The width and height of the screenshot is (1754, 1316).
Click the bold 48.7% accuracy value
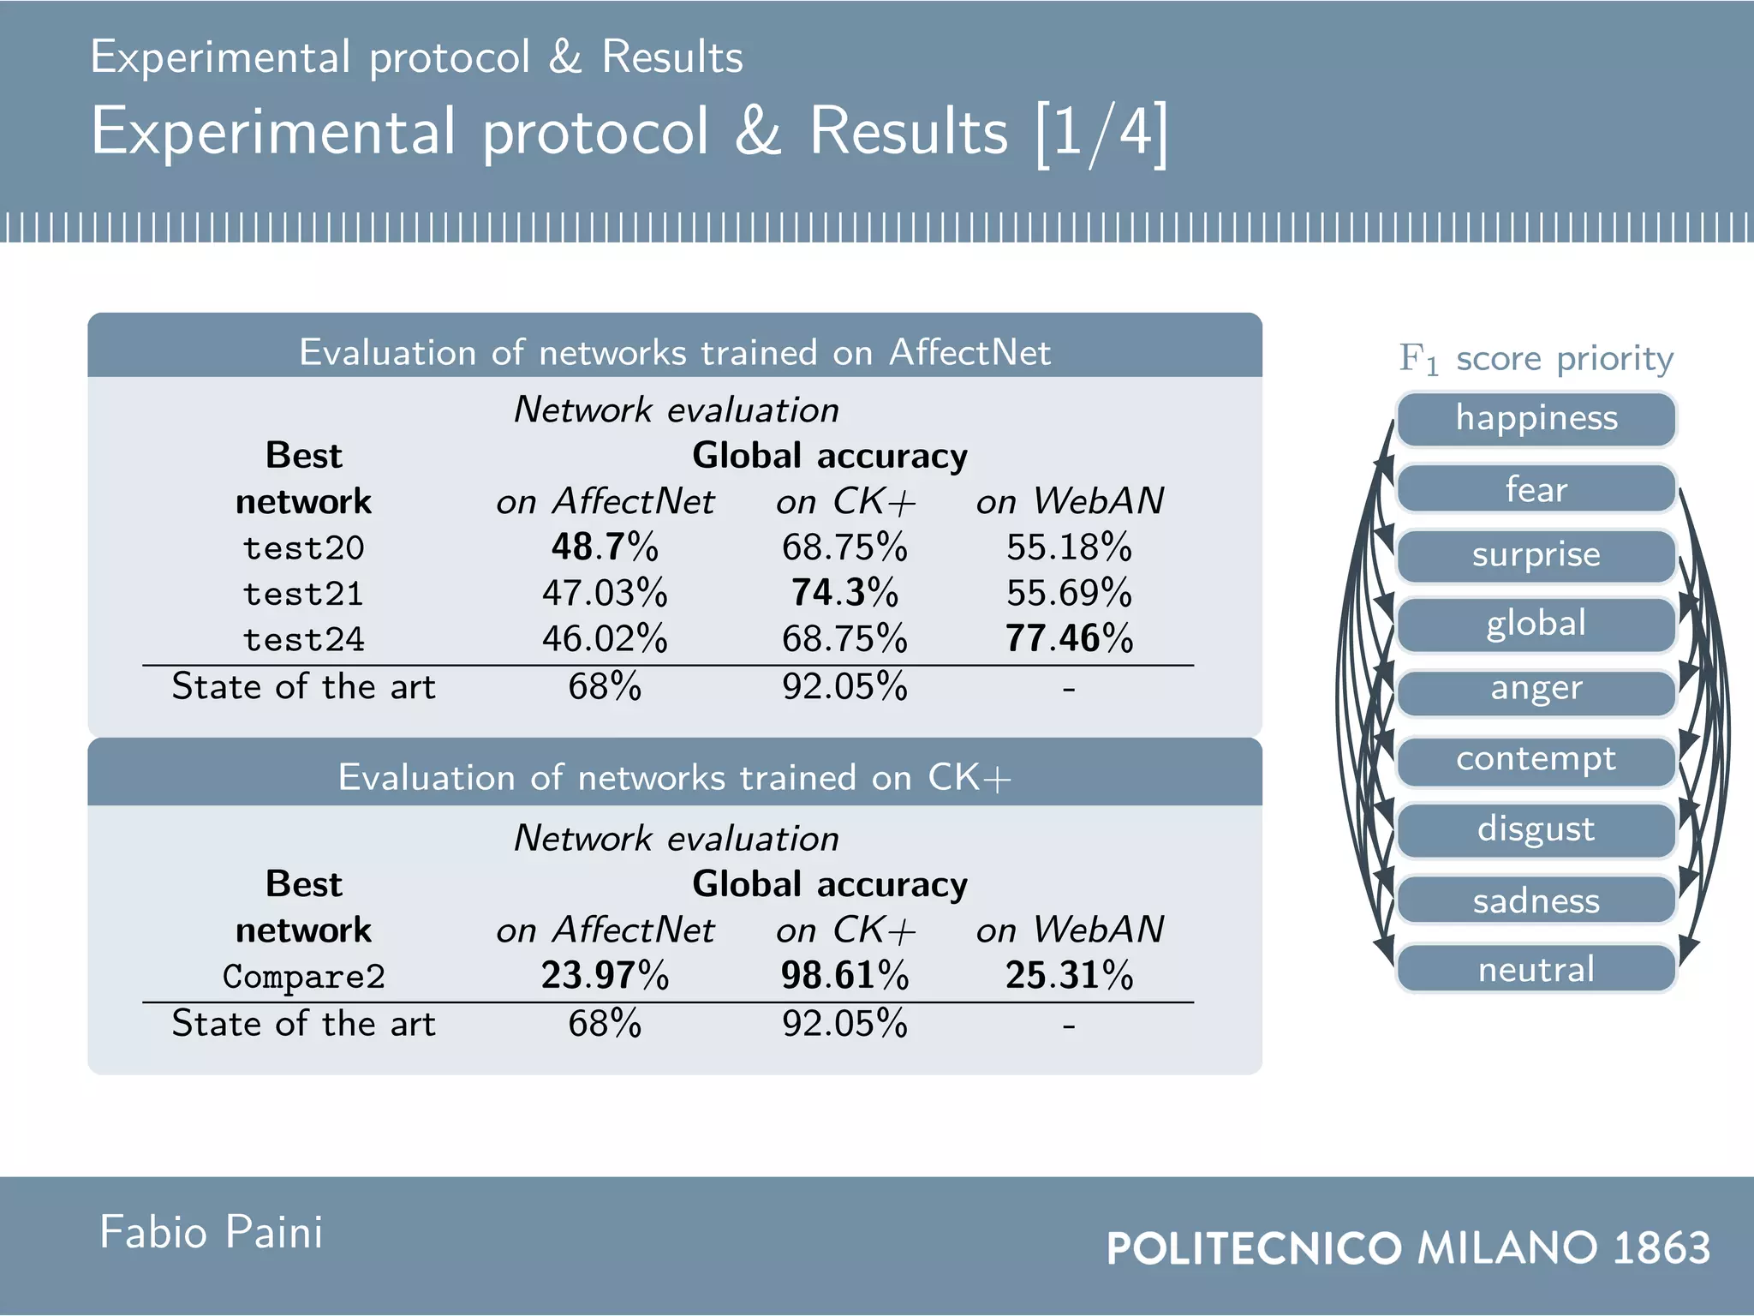click(x=605, y=547)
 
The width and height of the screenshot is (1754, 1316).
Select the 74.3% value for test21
click(x=844, y=592)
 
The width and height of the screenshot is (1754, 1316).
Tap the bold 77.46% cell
click(x=1069, y=638)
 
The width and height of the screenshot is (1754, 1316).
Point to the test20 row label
click(x=303, y=547)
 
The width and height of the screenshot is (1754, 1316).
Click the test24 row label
click(x=303, y=639)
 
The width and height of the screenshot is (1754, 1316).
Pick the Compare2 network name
click(x=303, y=976)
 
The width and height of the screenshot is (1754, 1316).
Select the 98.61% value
click(x=844, y=975)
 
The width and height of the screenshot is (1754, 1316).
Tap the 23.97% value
click(x=605, y=975)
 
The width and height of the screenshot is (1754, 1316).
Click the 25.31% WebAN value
click(x=1069, y=975)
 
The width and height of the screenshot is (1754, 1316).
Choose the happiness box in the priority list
click(x=1536, y=419)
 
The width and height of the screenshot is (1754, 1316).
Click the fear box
click(x=1536, y=489)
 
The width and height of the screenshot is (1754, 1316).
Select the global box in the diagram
click(x=1536, y=624)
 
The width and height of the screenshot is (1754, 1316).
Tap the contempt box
click(x=1536, y=760)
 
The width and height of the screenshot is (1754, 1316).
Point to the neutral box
click(x=1536, y=969)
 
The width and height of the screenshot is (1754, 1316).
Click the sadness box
click(x=1536, y=900)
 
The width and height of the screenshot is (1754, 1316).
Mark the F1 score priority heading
click(x=1536, y=358)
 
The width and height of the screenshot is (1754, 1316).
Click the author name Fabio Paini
click(x=212, y=1232)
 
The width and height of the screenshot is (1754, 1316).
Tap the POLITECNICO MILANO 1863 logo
click(x=1408, y=1247)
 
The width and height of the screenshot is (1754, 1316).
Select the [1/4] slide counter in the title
click(x=1101, y=134)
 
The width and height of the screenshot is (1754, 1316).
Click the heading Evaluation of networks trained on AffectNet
click(x=674, y=352)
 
